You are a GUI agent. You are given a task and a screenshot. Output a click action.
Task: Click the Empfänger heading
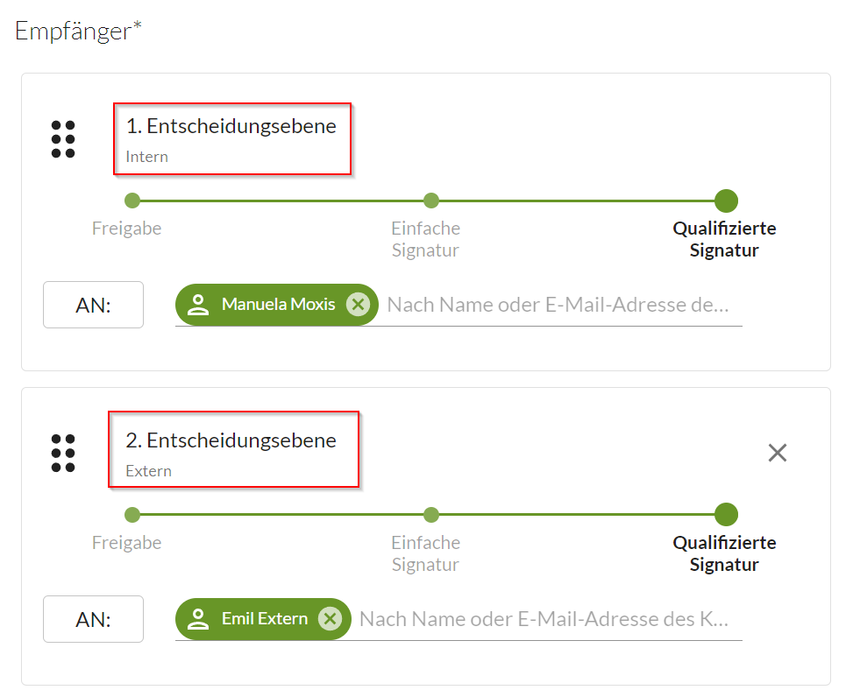78,31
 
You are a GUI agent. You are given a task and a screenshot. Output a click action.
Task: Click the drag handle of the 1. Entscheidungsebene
63,139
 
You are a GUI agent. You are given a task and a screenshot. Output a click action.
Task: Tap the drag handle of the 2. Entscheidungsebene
63,453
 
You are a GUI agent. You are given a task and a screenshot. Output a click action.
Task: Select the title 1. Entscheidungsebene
231,126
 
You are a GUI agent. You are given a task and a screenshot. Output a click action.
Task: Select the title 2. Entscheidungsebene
231,440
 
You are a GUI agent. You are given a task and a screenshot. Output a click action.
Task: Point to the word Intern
147,157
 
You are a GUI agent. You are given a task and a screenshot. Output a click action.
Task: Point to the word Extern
148,470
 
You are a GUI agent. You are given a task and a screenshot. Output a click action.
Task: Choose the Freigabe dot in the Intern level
132,201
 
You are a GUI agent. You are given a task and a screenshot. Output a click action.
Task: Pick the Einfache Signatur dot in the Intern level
430,201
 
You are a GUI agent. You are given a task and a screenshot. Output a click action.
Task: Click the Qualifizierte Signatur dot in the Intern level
726,201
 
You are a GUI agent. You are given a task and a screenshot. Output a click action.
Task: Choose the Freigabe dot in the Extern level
132,515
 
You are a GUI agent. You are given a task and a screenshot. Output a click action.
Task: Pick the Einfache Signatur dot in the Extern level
430,515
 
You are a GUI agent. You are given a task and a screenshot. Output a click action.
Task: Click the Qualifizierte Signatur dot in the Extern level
726,515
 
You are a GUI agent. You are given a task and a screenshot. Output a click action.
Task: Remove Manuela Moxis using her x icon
358,304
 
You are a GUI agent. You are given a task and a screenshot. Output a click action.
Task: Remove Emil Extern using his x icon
331,619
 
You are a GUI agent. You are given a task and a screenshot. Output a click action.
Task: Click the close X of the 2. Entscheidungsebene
778,453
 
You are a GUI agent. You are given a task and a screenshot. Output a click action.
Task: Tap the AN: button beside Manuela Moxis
94,305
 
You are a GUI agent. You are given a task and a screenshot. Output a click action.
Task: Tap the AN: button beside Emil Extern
94,619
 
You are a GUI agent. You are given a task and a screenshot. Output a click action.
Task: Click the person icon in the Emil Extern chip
198,619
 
